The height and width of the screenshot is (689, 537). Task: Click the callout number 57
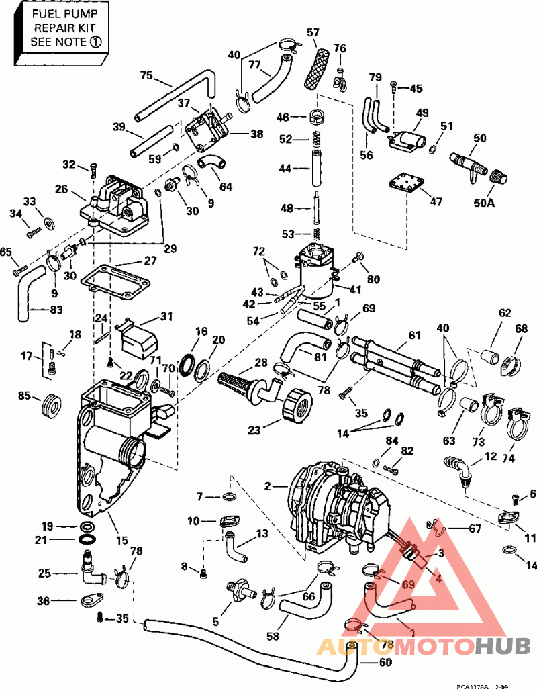(313, 32)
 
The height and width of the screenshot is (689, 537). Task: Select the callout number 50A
(484, 203)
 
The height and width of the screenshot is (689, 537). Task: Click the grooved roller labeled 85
(51, 406)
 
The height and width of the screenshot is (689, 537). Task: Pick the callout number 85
(25, 396)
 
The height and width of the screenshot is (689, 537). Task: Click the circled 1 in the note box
(95, 42)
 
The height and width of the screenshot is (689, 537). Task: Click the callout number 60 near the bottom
(385, 662)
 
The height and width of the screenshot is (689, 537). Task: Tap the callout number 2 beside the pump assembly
(267, 486)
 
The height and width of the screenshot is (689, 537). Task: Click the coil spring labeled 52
(315, 140)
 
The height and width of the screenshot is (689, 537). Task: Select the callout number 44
(285, 169)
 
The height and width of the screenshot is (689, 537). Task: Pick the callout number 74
(508, 458)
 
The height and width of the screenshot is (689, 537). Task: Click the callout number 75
(146, 75)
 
